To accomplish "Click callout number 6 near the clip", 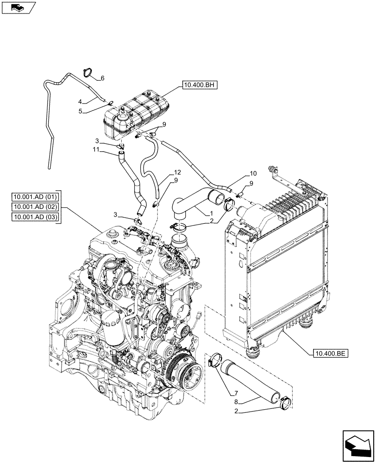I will (103, 78).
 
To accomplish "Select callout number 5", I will (80, 111).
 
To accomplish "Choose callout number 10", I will (253, 173).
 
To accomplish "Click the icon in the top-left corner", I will (18, 7).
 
